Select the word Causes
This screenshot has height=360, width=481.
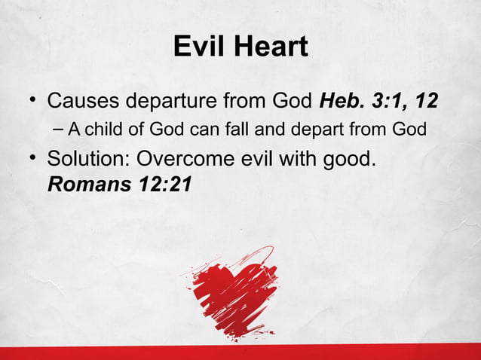(x=83, y=100)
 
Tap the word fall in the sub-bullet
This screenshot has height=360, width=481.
(x=246, y=130)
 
